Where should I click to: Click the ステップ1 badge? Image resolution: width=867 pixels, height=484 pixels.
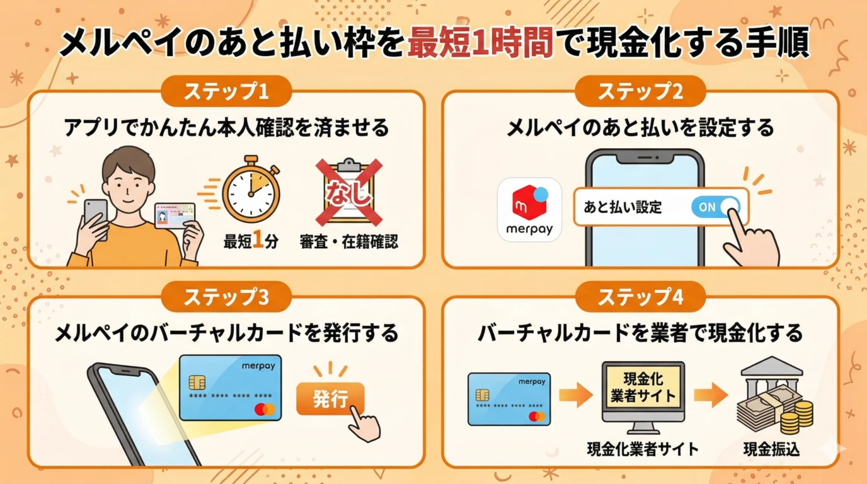point(226,92)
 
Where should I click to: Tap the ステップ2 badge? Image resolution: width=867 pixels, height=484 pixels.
point(640,92)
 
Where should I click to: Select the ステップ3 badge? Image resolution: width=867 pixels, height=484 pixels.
point(226,297)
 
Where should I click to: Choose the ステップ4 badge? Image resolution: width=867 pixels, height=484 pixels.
point(640,297)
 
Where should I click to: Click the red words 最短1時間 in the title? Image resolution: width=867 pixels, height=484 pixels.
point(480,44)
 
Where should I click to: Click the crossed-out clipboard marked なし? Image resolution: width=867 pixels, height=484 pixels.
point(349,193)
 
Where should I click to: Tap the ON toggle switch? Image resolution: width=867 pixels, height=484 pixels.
point(715,207)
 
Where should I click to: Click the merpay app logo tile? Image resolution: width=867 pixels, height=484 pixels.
point(529,209)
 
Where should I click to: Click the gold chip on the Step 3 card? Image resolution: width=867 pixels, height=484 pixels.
point(196,383)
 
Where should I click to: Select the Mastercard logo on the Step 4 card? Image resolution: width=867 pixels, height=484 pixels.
point(537,415)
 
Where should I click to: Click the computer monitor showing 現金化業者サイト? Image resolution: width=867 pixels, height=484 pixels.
point(643,395)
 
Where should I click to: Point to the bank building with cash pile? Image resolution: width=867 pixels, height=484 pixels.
point(771,398)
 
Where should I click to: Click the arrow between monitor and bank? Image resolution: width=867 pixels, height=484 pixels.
point(711,395)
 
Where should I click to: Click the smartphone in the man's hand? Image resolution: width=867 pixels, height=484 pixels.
point(95,215)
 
